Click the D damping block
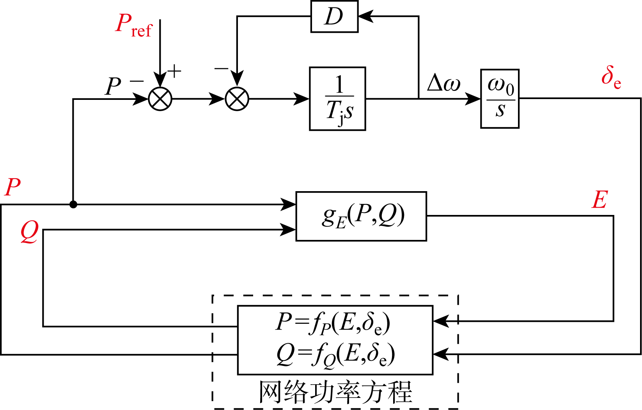pos(334,16)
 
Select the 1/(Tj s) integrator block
pos(337,99)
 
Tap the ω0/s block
pos(500,99)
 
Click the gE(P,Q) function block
pos(361,216)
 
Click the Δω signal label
pos(443,83)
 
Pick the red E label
pos(599,201)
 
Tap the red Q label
pos(29,231)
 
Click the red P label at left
pos(12,188)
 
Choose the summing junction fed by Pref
pos(160,99)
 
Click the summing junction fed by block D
pos(237,99)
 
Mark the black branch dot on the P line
pos(73,204)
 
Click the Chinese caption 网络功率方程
pos(335,392)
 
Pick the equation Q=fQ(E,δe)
pos(335,355)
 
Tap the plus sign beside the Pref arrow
pos(174,71)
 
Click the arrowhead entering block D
pos(364,16)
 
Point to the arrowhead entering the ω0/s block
pos(474,99)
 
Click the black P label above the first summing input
pos(113,86)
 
